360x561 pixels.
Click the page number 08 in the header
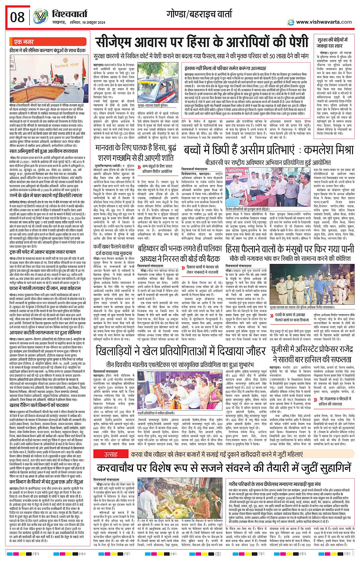pyautogui.click(x=17, y=17)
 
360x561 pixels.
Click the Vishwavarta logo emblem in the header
pyautogui.click(x=40, y=16)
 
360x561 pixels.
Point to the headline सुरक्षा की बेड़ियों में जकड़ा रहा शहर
pyautogui.click(x=330, y=43)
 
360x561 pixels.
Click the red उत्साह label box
pyautogui.click(x=111, y=454)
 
